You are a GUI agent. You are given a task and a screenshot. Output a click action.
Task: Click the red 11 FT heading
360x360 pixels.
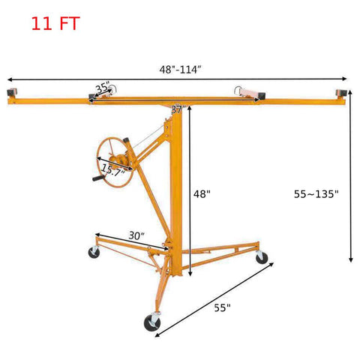(55, 23)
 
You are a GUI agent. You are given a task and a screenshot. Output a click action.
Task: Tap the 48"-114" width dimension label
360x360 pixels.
(180, 70)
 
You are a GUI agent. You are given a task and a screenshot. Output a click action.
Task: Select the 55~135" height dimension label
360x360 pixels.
(316, 193)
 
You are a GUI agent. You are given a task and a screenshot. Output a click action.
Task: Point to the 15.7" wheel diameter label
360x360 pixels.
(112, 170)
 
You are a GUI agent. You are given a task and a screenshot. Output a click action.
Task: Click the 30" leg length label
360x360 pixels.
(136, 235)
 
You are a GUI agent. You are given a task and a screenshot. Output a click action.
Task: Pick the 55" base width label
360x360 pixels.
(222, 307)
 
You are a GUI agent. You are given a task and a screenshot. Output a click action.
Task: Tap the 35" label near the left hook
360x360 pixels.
(103, 88)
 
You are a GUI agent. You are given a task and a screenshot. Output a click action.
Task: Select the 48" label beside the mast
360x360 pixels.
(202, 193)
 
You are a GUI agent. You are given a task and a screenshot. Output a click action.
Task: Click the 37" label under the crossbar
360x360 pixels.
(178, 109)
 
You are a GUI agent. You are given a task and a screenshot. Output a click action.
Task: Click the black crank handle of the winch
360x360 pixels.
(98, 178)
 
